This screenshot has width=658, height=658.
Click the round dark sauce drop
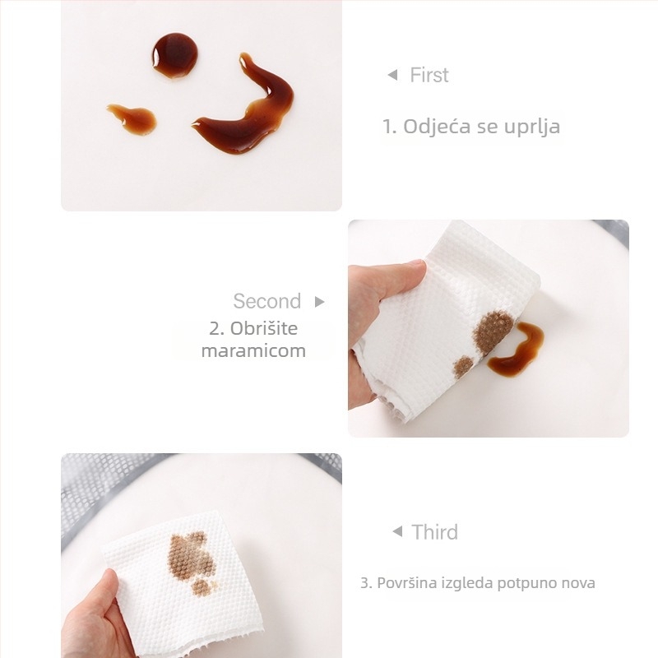click(174, 55)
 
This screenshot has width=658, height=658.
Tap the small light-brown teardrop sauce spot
click(133, 118)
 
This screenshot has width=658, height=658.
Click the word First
click(429, 75)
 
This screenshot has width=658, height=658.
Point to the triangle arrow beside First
click(392, 75)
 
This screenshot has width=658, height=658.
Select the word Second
click(266, 301)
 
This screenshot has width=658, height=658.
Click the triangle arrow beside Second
click(320, 301)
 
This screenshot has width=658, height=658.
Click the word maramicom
click(253, 351)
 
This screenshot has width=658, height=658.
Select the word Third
click(435, 532)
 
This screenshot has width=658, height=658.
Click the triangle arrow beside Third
click(397, 531)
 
